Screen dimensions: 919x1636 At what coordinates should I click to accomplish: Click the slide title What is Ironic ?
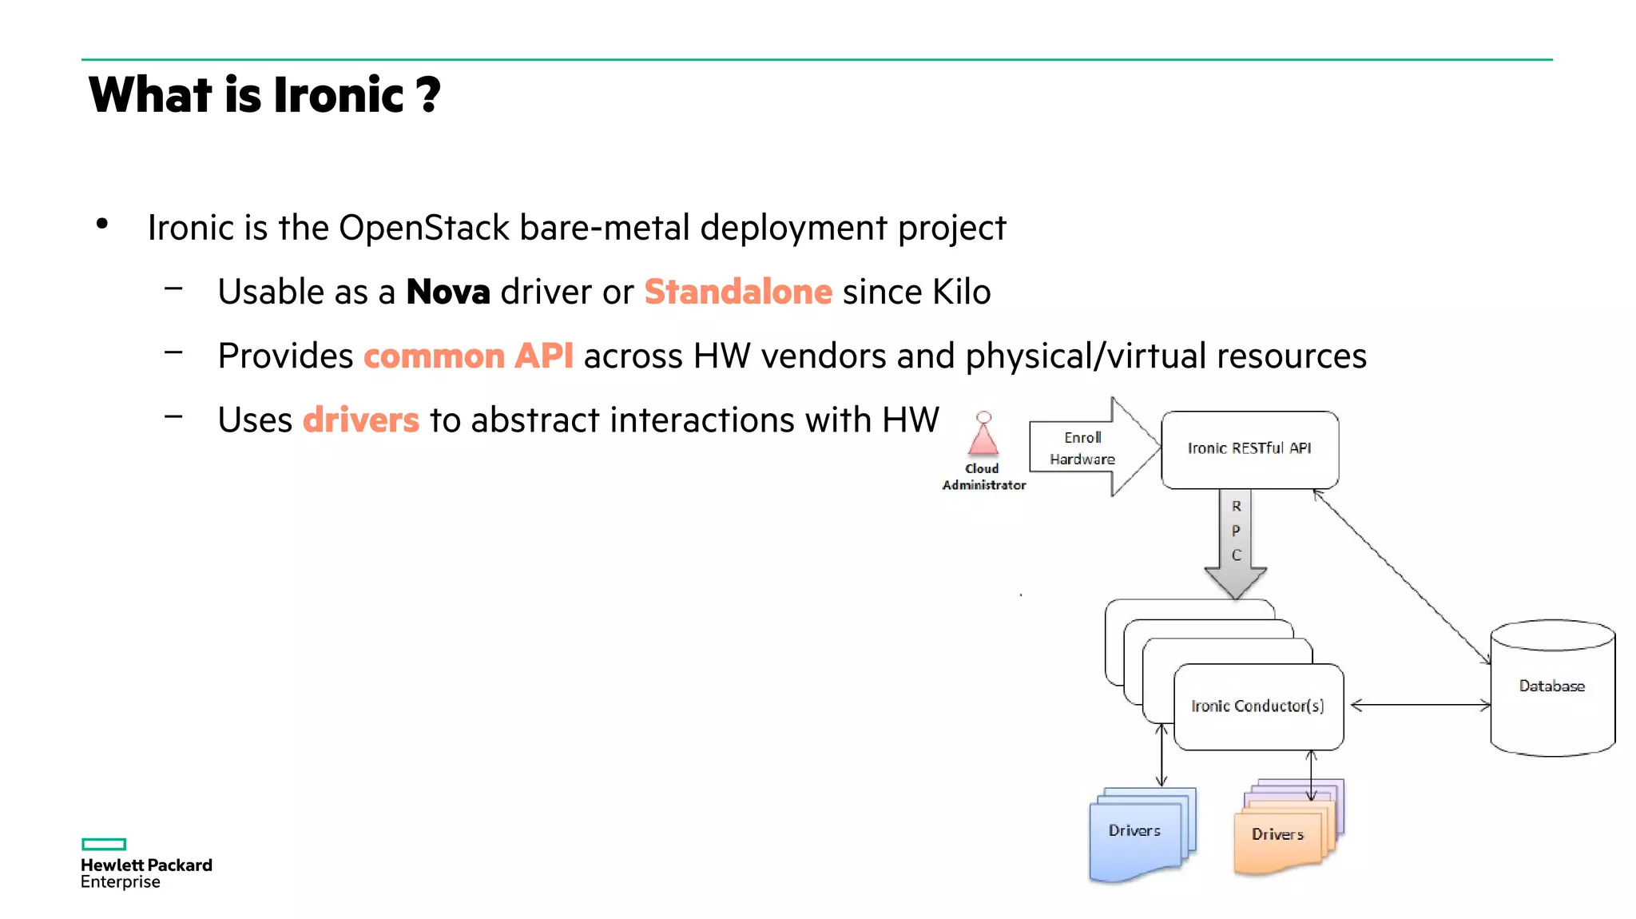264,95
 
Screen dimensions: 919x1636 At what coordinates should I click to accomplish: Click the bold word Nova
447,292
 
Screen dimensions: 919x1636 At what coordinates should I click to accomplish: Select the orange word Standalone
738,292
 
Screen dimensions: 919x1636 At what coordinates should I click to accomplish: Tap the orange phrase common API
468,356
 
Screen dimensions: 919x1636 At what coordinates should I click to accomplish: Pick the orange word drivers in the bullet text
361,420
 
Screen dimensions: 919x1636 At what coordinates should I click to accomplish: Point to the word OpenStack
423,229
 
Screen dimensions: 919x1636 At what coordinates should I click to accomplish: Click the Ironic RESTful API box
1249,449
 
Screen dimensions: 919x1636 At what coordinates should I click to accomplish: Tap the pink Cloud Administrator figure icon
983,436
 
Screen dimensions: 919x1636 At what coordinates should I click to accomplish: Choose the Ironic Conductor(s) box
1257,706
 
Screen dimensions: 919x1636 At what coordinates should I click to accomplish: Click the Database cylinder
1551,687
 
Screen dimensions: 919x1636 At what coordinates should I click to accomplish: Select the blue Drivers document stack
1138,835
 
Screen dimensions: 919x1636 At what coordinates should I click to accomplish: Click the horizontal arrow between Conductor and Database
1419,705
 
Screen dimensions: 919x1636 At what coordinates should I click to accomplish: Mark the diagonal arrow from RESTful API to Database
1402,577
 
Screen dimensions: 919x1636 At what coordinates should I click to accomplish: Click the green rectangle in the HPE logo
104,844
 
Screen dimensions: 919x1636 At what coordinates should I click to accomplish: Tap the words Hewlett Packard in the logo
146,865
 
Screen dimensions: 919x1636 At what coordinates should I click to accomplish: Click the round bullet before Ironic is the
102,225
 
